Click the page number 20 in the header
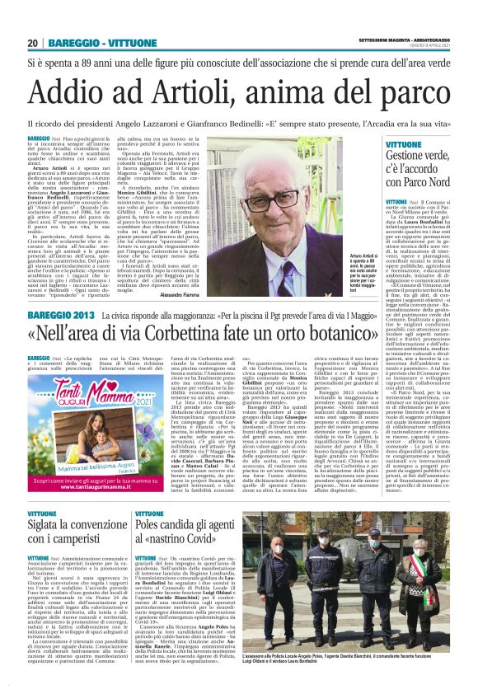pos(33,43)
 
